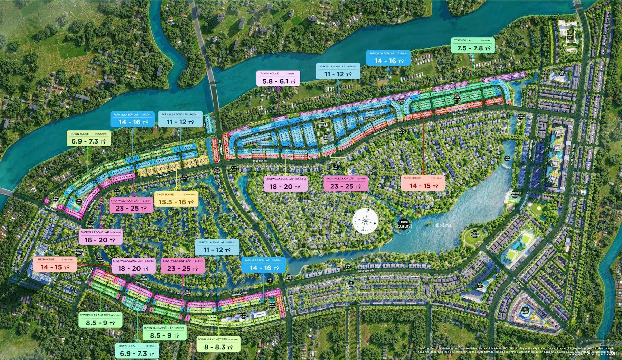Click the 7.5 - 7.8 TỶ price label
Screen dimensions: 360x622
473,48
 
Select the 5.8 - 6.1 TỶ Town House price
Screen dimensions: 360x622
279,81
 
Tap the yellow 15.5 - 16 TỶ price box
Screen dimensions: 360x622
176,202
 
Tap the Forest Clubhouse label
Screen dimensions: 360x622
403,224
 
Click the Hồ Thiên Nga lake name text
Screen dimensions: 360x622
443,225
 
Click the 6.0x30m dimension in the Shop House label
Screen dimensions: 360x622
190,195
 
